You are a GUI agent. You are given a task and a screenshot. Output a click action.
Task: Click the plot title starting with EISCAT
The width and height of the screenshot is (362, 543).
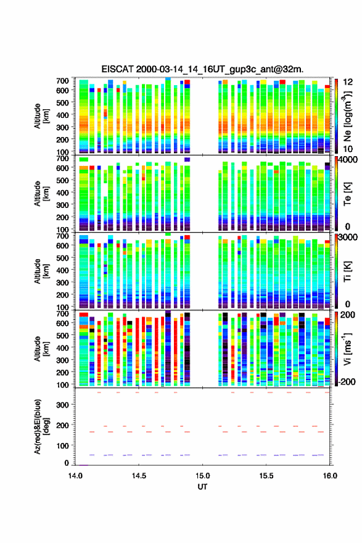pos(202,69)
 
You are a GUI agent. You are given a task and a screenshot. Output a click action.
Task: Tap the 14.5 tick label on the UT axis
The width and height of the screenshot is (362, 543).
pos(139,476)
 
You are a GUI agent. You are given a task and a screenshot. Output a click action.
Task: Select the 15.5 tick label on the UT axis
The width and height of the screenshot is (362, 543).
pos(266,476)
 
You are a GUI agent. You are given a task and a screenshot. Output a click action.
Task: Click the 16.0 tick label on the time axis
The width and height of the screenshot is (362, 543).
pos(330,476)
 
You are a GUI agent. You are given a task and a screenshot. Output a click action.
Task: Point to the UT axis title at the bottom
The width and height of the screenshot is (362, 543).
pos(202,487)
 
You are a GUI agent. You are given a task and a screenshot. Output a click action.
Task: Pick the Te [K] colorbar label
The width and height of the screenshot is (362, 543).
pos(347,194)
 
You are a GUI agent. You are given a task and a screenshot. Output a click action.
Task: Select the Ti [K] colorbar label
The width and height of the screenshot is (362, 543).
pos(347,271)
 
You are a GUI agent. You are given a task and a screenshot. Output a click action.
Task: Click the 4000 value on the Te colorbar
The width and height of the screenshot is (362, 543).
pos(348,160)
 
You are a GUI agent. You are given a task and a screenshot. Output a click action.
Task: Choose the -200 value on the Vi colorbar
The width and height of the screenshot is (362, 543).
pos(346,381)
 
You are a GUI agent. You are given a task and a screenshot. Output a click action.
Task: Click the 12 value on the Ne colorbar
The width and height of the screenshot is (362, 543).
pos(348,82)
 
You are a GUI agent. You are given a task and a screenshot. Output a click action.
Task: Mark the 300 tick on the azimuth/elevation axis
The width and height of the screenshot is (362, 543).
pos(64,405)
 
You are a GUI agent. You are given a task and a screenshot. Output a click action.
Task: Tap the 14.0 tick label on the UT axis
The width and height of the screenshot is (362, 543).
pos(75,476)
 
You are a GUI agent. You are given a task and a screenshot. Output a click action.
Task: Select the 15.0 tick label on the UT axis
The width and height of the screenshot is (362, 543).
pos(202,476)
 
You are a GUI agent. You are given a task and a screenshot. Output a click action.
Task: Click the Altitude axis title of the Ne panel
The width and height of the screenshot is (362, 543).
pos(41,116)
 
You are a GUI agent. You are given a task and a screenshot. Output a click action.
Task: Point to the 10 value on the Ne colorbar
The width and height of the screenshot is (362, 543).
pos(348,149)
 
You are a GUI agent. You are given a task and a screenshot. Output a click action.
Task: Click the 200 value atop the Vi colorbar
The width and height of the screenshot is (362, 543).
pos(347,315)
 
